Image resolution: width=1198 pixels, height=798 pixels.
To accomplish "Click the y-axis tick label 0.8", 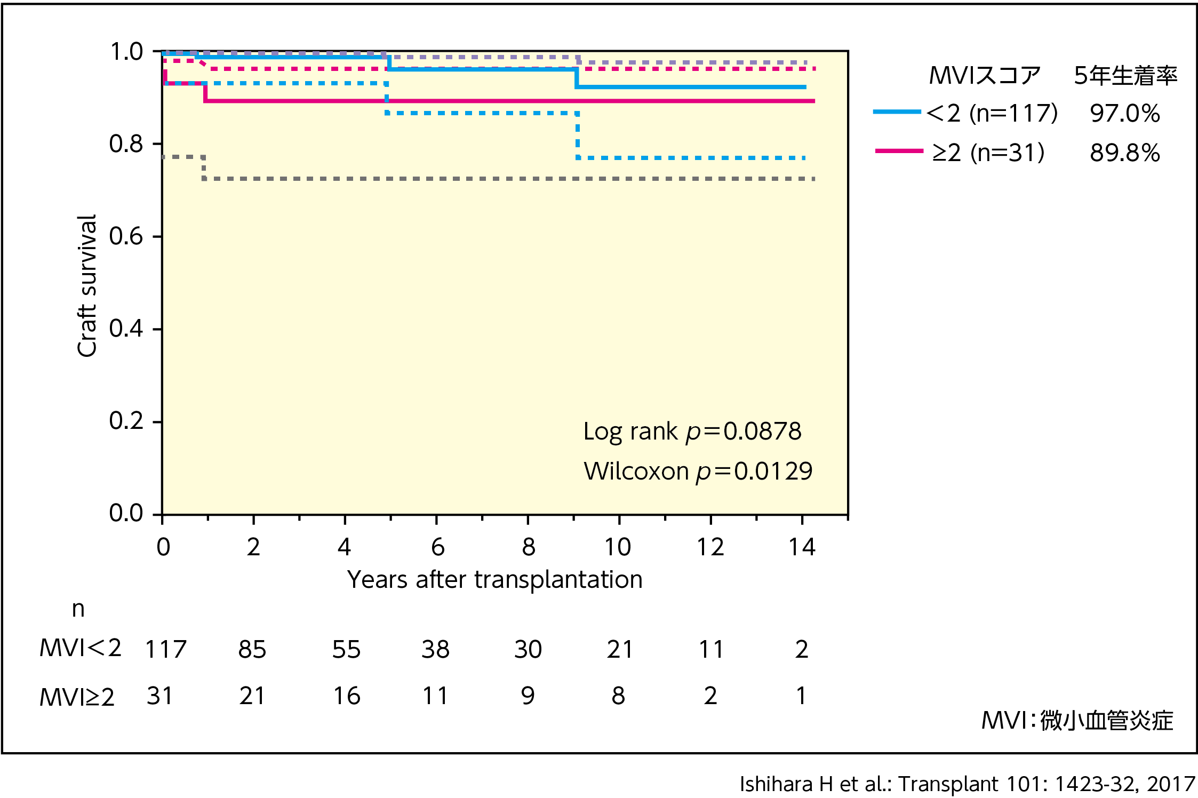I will (126, 144).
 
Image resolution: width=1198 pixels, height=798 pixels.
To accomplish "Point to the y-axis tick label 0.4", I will (126, 329).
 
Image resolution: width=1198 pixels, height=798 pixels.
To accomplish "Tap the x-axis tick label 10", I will (618, 547).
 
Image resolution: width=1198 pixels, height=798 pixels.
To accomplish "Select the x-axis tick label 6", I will (437, 547).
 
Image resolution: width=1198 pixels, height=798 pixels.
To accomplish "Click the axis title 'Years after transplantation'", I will (494, 579).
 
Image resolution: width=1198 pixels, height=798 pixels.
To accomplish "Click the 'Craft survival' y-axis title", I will (86, 285).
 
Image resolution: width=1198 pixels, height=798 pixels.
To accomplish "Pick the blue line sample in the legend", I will (897, 112).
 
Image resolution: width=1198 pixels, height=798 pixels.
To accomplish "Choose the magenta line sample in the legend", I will (899, 151).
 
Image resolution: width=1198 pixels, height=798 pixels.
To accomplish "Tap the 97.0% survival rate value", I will (1124, 114).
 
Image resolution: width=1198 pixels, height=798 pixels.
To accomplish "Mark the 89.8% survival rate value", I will (1124, 153).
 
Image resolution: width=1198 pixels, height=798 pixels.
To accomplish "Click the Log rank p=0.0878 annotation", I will (692, 432).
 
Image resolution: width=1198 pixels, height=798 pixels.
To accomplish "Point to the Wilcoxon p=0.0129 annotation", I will (698, 472).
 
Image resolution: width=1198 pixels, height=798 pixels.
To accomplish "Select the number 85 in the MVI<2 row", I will (252, 650).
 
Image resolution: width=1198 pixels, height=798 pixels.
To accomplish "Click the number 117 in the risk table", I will (166, 650).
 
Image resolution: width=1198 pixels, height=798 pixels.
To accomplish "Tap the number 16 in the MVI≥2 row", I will (347, 696).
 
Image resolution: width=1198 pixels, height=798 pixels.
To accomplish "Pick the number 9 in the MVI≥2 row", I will (528, 696).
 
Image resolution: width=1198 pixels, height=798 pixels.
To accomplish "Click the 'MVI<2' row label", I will (80, 649).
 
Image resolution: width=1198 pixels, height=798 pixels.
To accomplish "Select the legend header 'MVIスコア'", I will (985, 76).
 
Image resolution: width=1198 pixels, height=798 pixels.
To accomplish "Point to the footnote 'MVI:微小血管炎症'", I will (1077, 721).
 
